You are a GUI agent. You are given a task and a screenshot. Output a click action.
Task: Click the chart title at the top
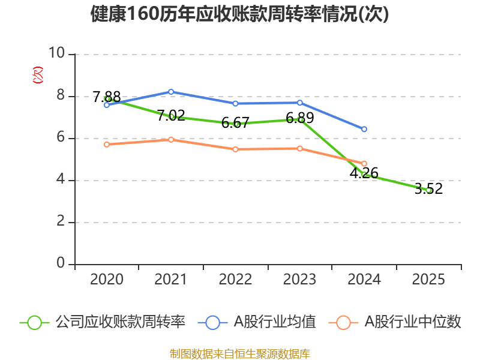point(240,14)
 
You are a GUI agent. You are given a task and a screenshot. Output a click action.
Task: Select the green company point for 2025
point(428,190)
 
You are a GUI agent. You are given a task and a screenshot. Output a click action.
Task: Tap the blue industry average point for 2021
point(171,92)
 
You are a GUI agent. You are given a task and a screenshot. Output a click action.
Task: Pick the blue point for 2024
point(364,129)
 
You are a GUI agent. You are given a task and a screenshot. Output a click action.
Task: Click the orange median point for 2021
point(171,140)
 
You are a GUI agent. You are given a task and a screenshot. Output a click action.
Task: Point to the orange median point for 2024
point(364,163)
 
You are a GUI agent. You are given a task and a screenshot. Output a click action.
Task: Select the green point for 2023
point(300,119)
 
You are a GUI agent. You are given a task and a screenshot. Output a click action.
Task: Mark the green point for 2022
point(236,124)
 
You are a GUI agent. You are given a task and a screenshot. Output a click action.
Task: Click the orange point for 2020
point(107,144)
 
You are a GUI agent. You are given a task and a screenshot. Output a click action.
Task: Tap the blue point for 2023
point(300,103)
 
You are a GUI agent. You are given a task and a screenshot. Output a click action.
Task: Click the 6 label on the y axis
point(61,138)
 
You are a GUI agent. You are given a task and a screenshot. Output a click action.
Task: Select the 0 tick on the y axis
point(61,264)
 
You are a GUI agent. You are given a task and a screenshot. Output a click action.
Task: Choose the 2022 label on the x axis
point(235,280)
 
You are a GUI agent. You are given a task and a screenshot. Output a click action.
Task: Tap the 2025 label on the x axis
point(428,280)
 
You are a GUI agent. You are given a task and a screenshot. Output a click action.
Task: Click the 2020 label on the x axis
point(107,280)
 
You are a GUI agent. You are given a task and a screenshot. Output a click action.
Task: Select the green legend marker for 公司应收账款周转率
point(34,322)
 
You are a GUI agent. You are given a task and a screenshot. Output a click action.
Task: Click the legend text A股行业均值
point(275,322)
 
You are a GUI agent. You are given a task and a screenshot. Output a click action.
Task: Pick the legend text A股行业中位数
point(413,322)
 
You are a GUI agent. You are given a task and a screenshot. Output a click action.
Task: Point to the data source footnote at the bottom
point(240,353)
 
